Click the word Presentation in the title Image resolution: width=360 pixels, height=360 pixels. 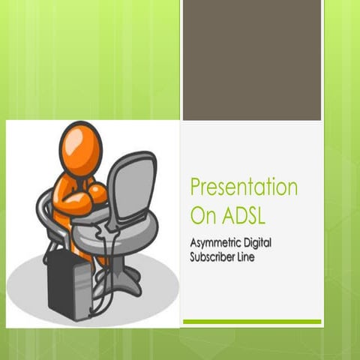pyautogui.click(x=244, y=187)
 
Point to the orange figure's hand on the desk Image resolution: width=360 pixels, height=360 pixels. pyautogui.click(x=98, y=194)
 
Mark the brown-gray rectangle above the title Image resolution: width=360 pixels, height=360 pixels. pyautogui.click(x=252, y=60)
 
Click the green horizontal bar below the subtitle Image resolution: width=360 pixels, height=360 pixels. pyautogui.click(x=252, y=322)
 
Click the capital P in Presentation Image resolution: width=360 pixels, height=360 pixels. pyautogui.click(x=196, y=187)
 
